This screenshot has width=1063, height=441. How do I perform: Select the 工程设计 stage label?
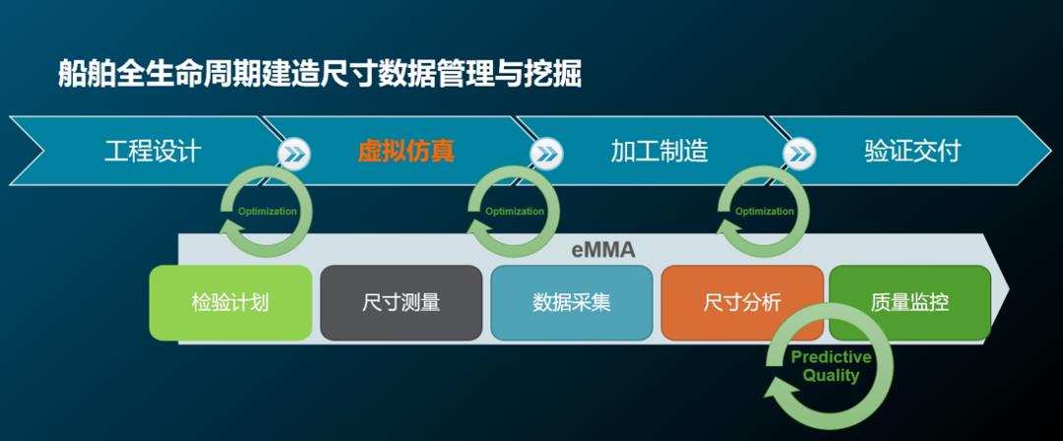point(154,151)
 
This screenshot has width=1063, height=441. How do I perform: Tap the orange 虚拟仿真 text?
point(406,151)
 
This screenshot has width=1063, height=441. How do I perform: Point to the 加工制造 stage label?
point(658,151)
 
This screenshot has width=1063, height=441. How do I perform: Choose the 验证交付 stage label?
point(912,151)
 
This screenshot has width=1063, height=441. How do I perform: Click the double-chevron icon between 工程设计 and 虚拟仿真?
point(294,155)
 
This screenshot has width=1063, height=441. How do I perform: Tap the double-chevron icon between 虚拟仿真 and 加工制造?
point(546,155)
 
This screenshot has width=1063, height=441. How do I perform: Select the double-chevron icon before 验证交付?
point(799,155)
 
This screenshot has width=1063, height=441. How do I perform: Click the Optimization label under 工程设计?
point(267,211)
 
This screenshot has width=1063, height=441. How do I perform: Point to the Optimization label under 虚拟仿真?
point(515,211)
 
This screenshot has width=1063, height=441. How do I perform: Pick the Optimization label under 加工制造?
point(764,211)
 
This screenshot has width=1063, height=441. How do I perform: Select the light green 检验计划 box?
point(230,302)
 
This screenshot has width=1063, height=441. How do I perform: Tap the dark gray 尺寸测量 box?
point(402,302)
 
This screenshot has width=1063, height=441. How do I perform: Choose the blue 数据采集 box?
point(572,302)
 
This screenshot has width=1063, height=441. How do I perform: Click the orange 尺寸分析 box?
point(742,302)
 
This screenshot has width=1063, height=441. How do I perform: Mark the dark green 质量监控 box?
point(909,302)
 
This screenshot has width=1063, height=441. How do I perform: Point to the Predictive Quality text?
point(831,366)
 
